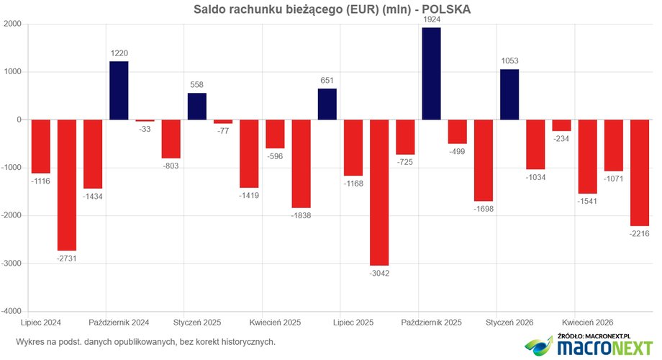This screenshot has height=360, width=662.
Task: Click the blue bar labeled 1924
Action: (x=431, y=73)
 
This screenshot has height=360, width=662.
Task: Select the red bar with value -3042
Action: (x=379, y=193)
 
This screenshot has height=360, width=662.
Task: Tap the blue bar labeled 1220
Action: (x=119, y=91)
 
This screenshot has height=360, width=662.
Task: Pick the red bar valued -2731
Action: (x=67, y=185)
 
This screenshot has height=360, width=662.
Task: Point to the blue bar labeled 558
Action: (x=197, y=107)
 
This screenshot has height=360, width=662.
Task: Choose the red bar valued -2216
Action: (x=640, y=173)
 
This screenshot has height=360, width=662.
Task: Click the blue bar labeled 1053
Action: (x=509, y=94)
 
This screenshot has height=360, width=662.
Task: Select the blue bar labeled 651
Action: (x=327, y=104)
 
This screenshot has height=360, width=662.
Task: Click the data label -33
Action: (x=145, y=130)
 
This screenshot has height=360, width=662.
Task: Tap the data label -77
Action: (x=223, y=131)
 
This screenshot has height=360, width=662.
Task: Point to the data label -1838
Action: (x=301, y=215)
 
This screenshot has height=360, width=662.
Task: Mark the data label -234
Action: (x=561, y=138)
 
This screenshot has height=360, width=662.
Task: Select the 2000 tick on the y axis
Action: (x=13, y=24)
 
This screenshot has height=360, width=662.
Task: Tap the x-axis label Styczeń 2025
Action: (x=197, y=323)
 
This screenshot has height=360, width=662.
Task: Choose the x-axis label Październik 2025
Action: (x=432, y=323)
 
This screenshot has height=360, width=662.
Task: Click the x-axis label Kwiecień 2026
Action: (x=588, y=323)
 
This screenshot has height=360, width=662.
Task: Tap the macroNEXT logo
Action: (x=589, y=346)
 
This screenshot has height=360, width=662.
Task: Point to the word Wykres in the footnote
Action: (x=29, y=342)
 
